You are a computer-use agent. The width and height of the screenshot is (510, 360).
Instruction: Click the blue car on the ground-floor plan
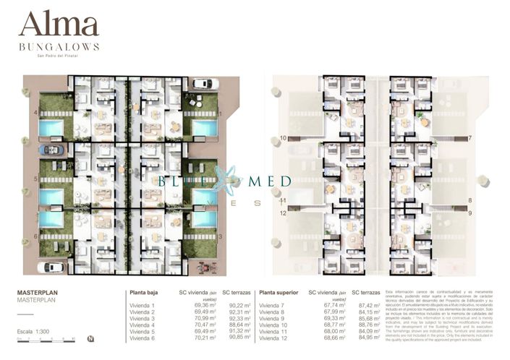tap(53, 150)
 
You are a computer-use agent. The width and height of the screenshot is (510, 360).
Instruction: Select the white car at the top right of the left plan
tap(203, 84)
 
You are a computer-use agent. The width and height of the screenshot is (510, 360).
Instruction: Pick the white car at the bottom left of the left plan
tap(51, 267)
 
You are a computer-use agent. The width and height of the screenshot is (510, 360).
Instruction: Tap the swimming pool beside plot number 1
tap(205, 129)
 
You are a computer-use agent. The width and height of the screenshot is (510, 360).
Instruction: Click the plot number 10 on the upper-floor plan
tap(283, 137)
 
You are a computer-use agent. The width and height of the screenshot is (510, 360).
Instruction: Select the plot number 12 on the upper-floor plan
tap(283, 213)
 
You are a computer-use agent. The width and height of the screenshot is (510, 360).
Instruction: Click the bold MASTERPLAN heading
tap(37, 293)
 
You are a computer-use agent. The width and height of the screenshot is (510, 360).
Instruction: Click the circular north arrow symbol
tap(89, 338)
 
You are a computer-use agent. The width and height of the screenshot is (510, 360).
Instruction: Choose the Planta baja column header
tap(143, 293)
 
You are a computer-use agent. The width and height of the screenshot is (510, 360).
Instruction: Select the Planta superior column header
tap(279, 293)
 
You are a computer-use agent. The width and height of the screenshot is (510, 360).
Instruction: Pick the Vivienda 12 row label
tap(275, 338)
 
